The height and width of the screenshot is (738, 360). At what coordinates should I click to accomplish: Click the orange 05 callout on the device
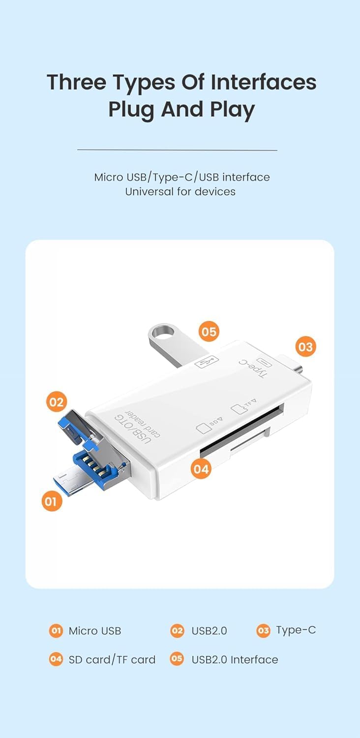[x=209, y=332]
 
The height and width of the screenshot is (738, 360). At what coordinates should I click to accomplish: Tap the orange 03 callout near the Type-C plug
[x=305, y=346]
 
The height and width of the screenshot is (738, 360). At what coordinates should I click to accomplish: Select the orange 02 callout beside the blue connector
[x=57, y=402]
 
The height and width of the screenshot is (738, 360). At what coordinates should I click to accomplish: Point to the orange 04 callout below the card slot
[x=201, y=469]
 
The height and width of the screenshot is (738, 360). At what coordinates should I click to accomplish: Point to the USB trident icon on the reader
[x=207, y=363]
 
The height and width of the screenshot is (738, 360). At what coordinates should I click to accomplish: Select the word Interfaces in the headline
[x=264, y=82]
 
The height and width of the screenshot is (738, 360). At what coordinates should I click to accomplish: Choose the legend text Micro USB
[x=95, y=631]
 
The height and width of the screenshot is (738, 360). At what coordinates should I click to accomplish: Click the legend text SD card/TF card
[x=112, y=660]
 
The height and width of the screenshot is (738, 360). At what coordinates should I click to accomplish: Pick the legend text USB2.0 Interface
[x=235, y=660]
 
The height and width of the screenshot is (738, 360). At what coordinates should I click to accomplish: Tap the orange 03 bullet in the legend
[x=263, y=631]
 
